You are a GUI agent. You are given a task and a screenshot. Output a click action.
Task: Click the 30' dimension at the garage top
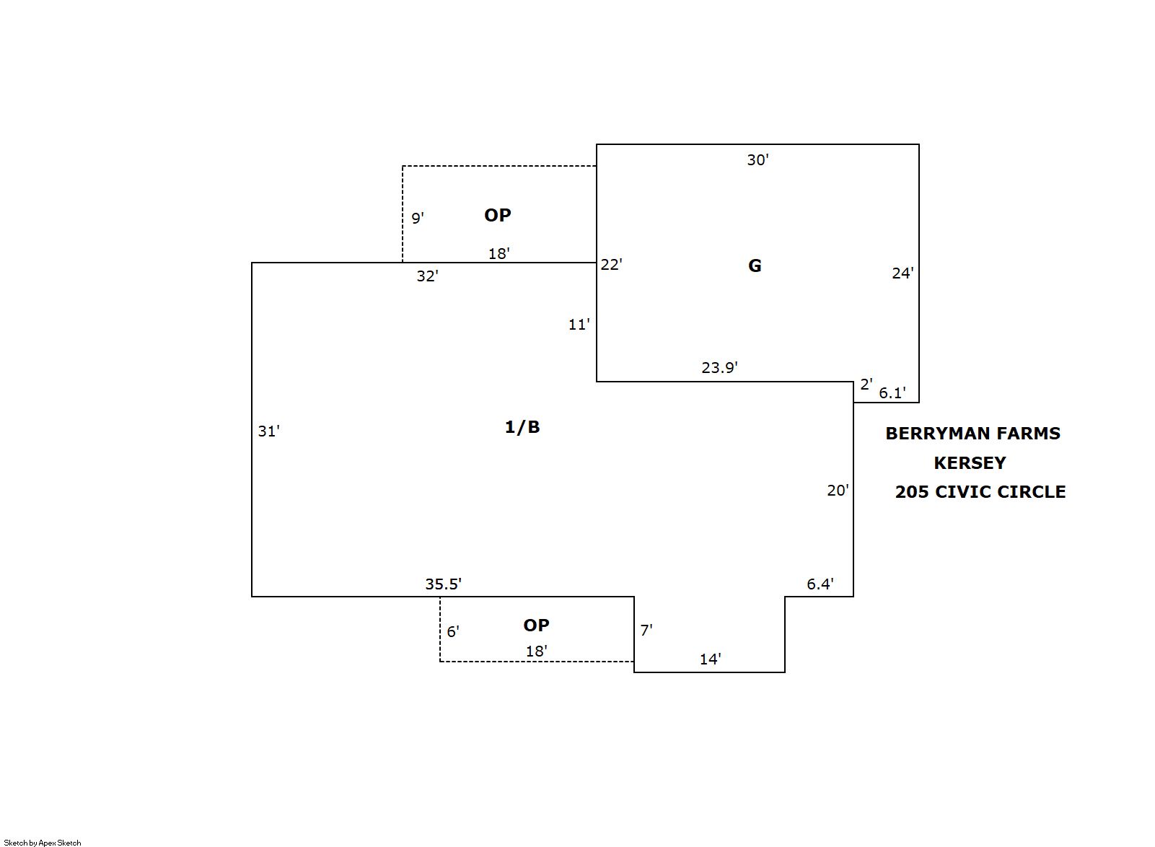(x=757, y=160)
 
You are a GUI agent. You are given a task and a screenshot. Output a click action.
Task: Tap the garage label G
(x=755, y=265)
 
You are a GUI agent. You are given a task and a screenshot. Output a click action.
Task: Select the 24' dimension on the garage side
(x=903, y=273)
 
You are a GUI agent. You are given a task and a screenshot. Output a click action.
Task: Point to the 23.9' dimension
(x=719, y=367)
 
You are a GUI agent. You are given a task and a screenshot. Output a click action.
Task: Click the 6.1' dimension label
(x=892, y=392)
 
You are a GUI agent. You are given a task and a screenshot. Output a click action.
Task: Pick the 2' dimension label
(x=866, y=384)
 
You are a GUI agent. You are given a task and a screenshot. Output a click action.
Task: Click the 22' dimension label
(x=612, y=265)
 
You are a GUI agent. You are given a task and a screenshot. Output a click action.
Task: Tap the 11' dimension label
(x=579, y=324)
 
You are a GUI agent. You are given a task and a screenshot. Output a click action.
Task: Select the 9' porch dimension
(x=418, y=218)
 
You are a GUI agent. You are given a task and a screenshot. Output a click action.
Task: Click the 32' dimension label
(x=428, y=276)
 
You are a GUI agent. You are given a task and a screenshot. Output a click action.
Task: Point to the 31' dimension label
(x=268, y=431)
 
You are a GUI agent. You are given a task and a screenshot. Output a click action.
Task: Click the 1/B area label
(x=522, y=427)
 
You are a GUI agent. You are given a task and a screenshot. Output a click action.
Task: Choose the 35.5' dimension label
(x=443, y=584)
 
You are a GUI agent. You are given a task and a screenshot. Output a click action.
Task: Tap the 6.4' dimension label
(x=820, y=584)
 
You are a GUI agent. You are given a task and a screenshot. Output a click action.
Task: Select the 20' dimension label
(x=838, y=491)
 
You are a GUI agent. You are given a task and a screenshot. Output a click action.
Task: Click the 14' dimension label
(x=710, y=659)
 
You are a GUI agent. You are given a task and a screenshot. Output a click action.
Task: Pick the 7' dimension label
(x=646, y=630)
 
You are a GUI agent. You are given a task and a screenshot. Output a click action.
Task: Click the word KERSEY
(x=970, y=463)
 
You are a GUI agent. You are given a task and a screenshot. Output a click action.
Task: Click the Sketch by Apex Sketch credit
(x=43, y=843)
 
